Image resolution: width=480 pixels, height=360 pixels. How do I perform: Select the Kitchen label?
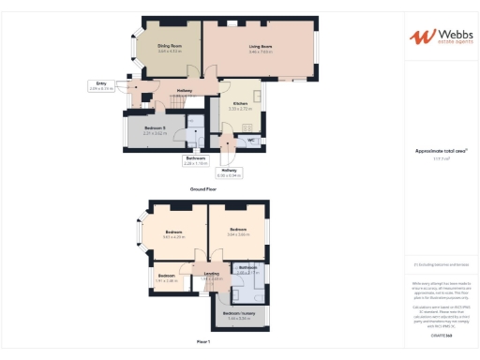[x=239, y=103]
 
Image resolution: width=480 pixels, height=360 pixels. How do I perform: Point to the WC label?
[x=251, y=141]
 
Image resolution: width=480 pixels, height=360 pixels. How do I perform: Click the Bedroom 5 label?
[x=155, y=127]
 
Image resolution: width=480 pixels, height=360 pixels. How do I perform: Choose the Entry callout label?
[x=100, y=83]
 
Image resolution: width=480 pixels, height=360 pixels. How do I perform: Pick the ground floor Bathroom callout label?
[x=196, y=159]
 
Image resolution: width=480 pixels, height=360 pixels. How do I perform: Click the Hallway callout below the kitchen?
[x=230, y=170]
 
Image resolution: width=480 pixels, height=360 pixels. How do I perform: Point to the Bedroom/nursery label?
[x=240, y=313]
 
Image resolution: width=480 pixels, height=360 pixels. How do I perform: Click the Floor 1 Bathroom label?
[x=247, y=267]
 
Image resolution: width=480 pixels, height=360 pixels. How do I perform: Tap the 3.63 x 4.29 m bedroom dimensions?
[x=174, y=237]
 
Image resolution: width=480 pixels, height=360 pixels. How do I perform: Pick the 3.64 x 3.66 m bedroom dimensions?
[x=237, y=234]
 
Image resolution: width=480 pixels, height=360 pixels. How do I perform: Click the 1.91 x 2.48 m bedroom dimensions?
[x=166, y=280]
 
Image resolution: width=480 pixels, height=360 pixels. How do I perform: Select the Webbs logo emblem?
[x=422, y=37]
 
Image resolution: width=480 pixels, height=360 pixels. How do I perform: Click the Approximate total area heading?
[x=442, y=151]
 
